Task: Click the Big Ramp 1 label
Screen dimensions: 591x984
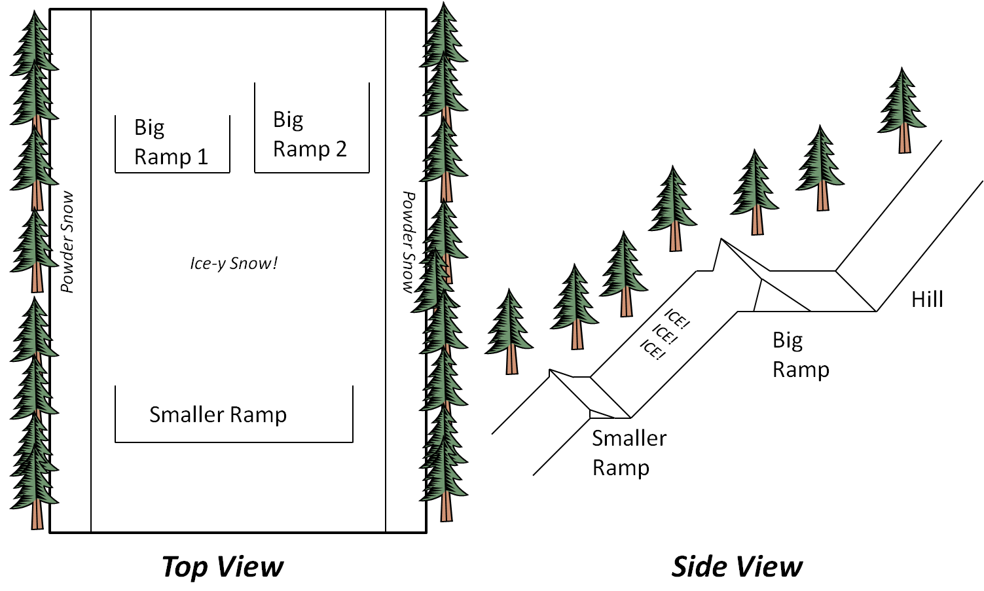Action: pyautogui.click(x=171, y=142)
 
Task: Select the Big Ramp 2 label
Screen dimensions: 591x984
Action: pyautogui.click(x=310, y=134)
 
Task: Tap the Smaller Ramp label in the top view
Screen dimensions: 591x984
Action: pyautogui.click(x=218, y=414)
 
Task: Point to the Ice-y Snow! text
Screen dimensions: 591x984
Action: pyautogui.click(x=234, y=263)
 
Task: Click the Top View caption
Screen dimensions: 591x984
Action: pyautogui.click(x=223, y=566)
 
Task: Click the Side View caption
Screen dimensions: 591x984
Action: pyautogui.click(x=737, y=566)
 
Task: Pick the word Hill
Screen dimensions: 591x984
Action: pyautogui.click(x=927, y=300)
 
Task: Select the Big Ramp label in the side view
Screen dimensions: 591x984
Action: pyautogui.click(x=800, y=355)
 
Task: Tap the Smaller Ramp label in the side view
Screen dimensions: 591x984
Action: pyautogui.click(x=629, y=453)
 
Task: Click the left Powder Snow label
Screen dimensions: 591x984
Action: pyautogui.click(x=67, y=242)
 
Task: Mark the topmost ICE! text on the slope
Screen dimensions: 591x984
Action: pyautogui.click(x=677, y=319)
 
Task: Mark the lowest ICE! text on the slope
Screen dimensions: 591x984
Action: pyautogui.click(x=652, y=349)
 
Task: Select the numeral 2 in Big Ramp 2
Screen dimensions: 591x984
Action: pyautogui.click(x=341, y=149)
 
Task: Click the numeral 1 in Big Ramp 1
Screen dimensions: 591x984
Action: pyautogui.click(x=202, y=157)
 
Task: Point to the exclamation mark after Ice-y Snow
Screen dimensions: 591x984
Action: pyautogui.click(x=275, y=262)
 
